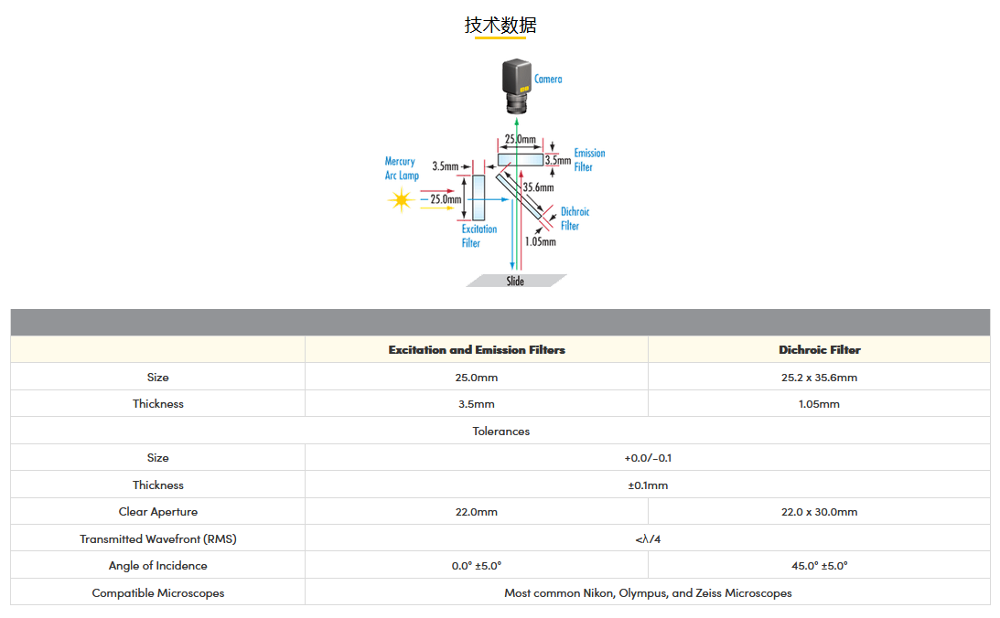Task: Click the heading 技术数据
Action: [500, 25]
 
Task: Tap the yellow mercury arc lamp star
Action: [401, 200]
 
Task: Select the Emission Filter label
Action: [588, 160]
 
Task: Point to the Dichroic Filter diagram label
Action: [574, 218]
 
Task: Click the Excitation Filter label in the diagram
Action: [478, 236]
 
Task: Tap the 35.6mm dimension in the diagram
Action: [538, 187]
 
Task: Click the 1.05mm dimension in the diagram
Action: [540, 242]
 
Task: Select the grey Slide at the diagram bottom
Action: [516, 281]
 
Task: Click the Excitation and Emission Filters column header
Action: [477, 350]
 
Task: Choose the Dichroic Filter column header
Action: [819, 350]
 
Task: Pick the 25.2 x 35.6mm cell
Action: [819, 377]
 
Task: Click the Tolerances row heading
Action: [500, 431]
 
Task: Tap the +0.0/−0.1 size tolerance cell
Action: [648, 458]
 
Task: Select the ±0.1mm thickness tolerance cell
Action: [648, 485]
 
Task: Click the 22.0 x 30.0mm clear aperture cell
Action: [819, 512]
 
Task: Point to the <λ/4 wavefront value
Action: [648, 539]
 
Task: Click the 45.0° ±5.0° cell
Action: [819, 566]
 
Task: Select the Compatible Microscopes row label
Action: [158, 593]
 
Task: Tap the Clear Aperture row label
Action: [158, 512]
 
